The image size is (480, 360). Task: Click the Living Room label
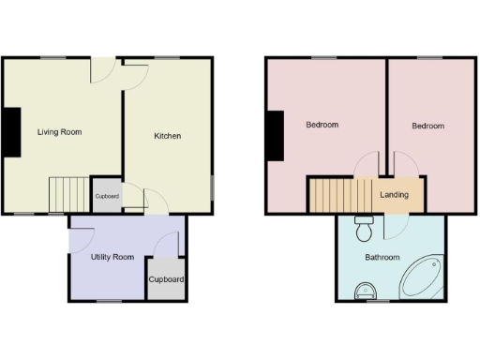pyautogui.click(x=59, y=132)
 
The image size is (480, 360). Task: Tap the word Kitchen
pyautogui.click(x=168, y=136)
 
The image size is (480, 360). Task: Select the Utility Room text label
pyautogui.click(x=112, y=257)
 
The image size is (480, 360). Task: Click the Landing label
pyautogui.click(x=394, y=195)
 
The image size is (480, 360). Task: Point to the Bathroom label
pyautogui.click(x=382, y=258)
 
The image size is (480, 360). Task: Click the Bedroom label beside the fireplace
pyautogui.click(x=322, y=125)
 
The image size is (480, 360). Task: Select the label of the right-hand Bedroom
pyautogui.click(x=427, y=126)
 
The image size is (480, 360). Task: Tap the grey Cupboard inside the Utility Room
pyautogui.click(x=166, y=280)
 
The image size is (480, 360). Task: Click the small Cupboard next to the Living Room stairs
pyautogui.click(x=106, y=196)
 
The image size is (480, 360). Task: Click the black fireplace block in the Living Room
pyautogui.click(x=12, y=131)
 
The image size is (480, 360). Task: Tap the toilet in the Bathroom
pyautogui.click(x=366, y=227)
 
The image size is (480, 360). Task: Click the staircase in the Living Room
pyautogui.click(x=67, y=195)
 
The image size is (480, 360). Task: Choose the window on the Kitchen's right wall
pyautogui.click(x=213, y=186)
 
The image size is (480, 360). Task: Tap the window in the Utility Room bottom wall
pyautogui.click(x=110, y=301)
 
